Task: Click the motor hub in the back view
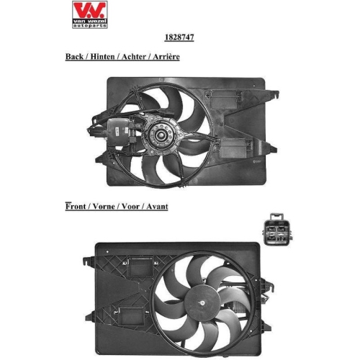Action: [x=158, y=135]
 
